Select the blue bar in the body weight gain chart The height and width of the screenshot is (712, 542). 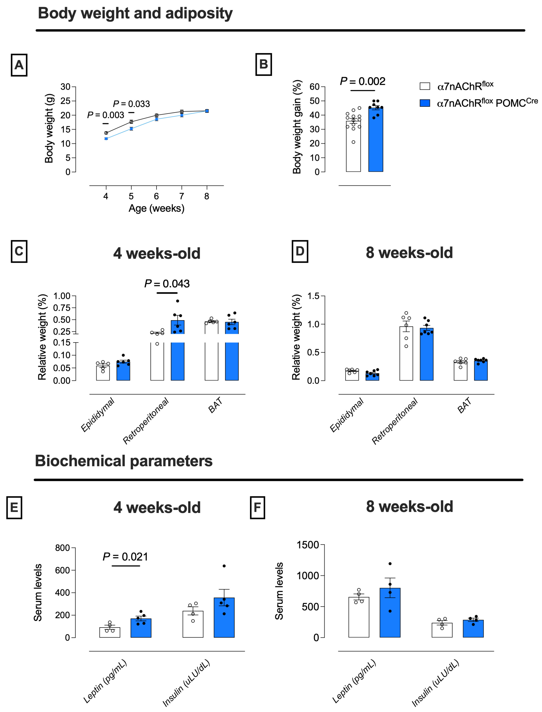pyautogui.click(x=376, y=139)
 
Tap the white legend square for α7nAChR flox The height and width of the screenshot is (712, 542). pyautogui.click(x=425, y=86)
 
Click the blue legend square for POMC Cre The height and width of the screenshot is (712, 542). pyautogui.click(x=425, y=103)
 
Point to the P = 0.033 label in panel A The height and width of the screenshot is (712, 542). pyautogui.click(x=131, y=104)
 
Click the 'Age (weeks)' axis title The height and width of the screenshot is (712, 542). pyautogui.click(x=156, y=208)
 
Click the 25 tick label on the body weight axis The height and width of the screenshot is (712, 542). pyautogui.click(x=65, y=101)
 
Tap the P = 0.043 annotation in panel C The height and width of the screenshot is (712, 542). pyautogui.click(x=167, y=284)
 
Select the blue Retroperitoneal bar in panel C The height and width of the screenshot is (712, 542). pyautogui.click(x=177, y=350)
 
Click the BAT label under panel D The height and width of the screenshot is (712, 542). pyautogui.click(x=464, y=405)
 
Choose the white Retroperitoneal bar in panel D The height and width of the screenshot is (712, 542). pyautogui.click(x=406, y=354)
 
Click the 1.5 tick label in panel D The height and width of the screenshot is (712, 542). pyautogui.click(x=313, y=296)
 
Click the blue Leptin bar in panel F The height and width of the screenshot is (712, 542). pyautogui.click(x=390, y=612)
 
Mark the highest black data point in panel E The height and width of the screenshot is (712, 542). pyautogui.click(x=224, y=566)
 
